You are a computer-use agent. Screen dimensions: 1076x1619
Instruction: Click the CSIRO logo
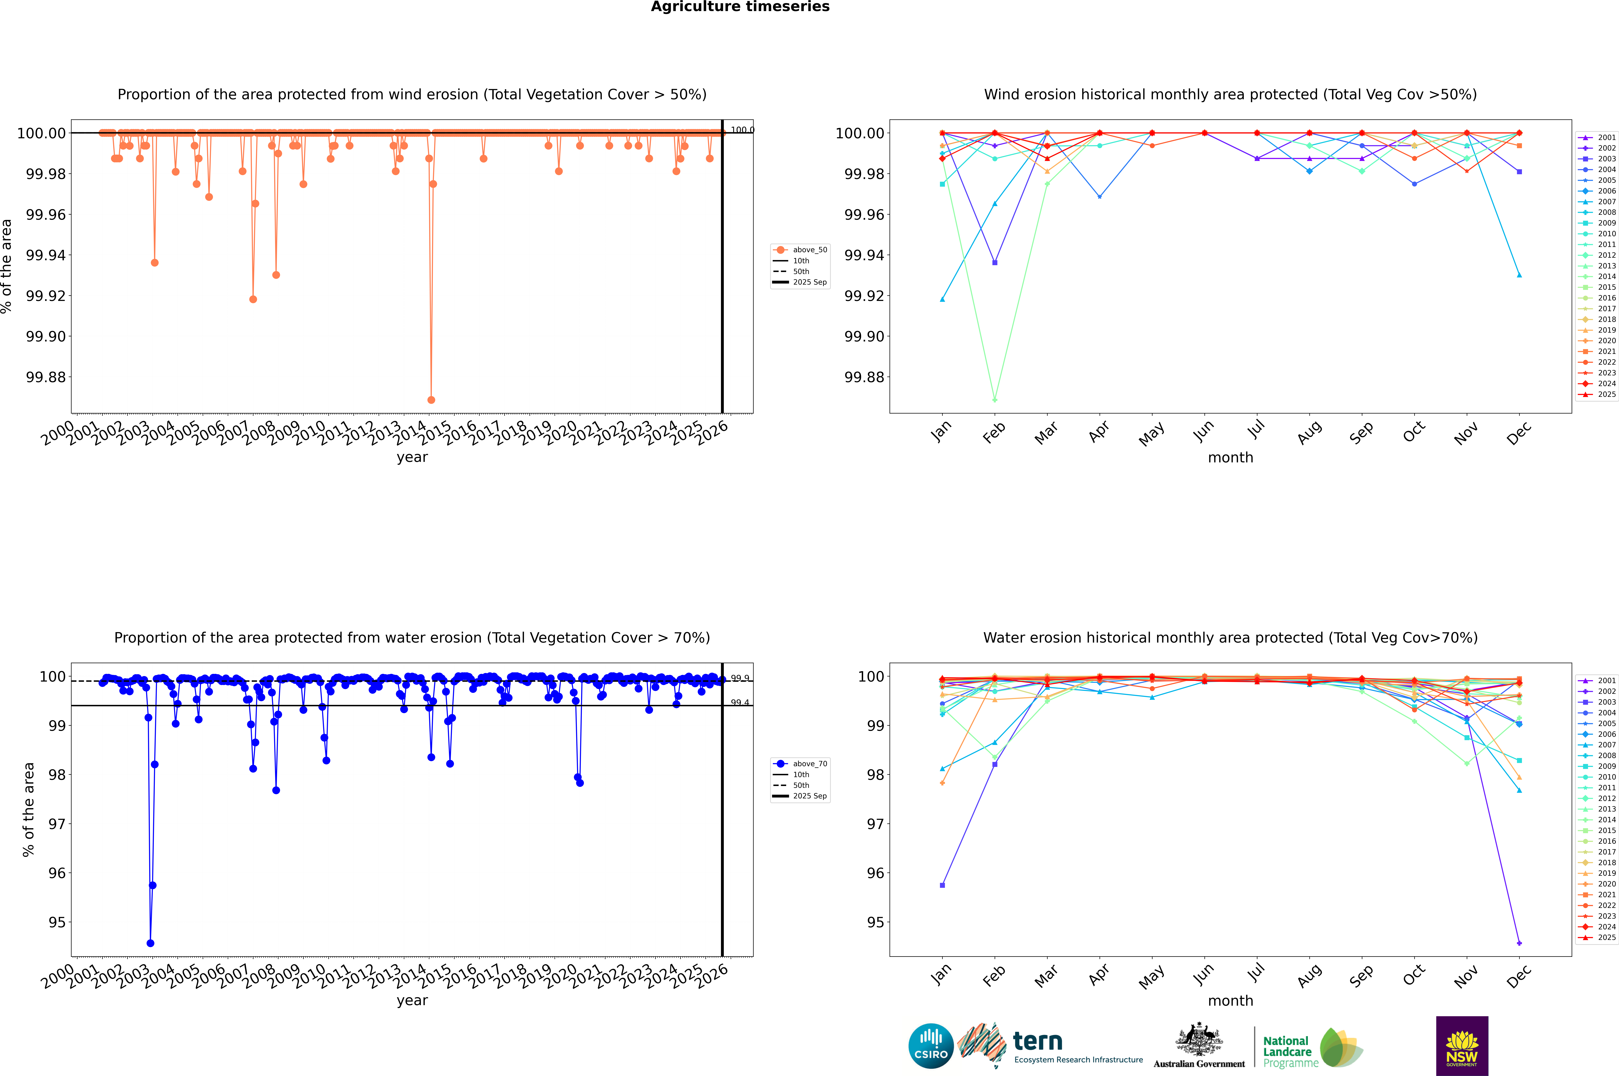(x=931, y=1046)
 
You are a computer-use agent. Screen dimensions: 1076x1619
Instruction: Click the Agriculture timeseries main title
(x=740, y=7)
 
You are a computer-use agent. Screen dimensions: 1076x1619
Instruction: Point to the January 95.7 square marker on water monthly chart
(x=942, y=885)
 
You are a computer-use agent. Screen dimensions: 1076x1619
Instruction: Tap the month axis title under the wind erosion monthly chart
(x=1230, y=458)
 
